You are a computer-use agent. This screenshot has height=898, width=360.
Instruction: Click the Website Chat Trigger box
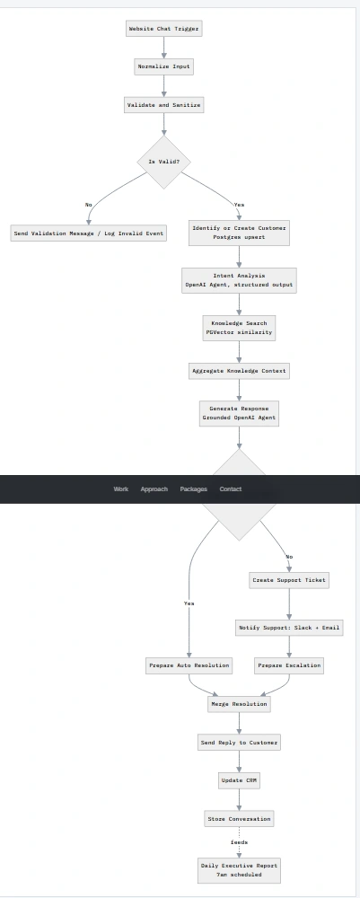tap(163, 29)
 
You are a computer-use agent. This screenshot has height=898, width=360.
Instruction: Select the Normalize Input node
tap(163, 66)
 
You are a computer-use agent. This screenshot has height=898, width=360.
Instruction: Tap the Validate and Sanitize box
tap(163, 105)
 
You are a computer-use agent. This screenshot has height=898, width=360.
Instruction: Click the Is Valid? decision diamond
tap(163, 162)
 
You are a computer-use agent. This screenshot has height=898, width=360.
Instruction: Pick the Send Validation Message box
tap(89, 233)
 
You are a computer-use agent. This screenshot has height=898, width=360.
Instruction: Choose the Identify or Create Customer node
tap(239, 233)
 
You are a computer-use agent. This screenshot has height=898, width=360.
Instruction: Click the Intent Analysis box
tap(239, 280)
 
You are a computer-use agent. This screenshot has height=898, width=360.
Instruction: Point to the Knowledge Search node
tap(239, 328)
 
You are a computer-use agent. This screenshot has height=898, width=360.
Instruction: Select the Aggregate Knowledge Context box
tap(239, 371)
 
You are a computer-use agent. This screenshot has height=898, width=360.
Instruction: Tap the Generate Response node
tap(239, 413)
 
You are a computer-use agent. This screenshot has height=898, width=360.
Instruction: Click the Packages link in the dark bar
tap(193, 489)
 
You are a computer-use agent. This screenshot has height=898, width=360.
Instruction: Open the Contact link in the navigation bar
tap(231, 489)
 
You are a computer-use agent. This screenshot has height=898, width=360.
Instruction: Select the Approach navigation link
tap(154, 489)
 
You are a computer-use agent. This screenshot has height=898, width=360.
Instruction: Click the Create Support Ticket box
tap(289, 580)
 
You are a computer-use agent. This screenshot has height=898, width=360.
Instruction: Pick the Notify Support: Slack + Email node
tap(289, 628)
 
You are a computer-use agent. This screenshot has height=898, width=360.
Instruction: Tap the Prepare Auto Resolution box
tap(189, 665)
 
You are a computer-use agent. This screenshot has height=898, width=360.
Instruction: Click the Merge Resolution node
tap(239, 704)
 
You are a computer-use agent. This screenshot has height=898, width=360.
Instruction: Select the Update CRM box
tap(239, 780)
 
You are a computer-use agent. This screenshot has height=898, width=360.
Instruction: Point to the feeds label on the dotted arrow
tap(239, 842)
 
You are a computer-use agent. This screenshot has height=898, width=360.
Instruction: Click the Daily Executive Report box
tap(239, 870)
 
